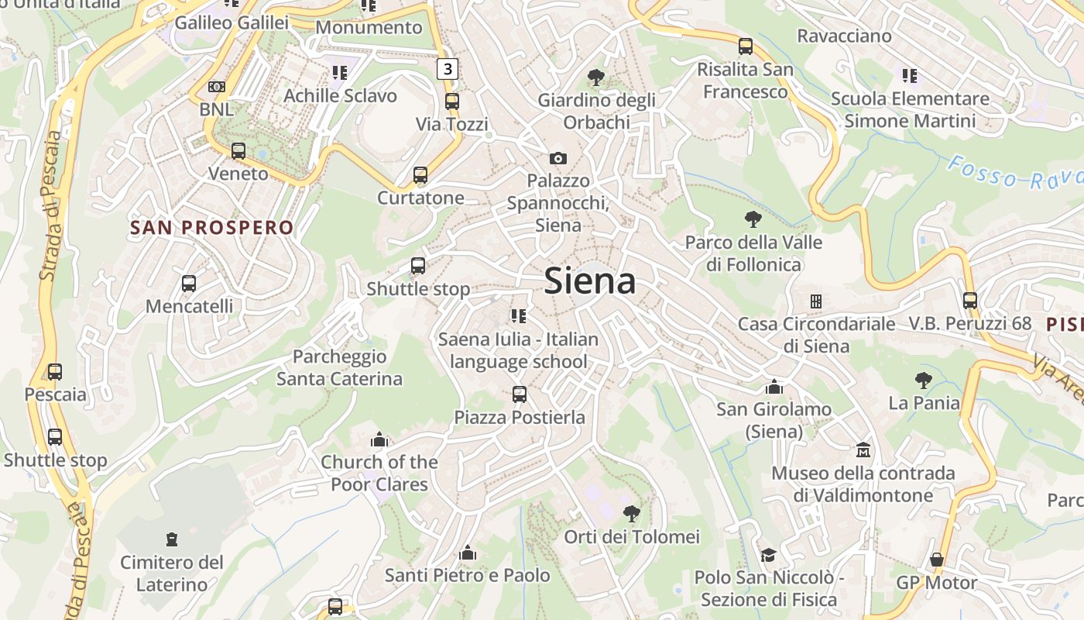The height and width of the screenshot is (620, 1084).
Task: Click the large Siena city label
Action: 590,281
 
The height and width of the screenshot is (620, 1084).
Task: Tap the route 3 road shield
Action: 447,69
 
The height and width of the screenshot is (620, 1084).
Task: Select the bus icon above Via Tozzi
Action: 452,102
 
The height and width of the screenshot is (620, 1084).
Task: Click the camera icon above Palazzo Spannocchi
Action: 557,158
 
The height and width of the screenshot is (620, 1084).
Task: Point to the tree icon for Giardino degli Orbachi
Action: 595,77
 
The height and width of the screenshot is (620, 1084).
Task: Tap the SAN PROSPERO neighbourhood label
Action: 212,228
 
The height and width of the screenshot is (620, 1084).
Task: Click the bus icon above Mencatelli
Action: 189,284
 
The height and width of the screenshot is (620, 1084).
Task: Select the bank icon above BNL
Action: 217,87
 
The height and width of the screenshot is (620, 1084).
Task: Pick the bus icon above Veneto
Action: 238,151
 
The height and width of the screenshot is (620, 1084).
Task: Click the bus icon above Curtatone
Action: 420,175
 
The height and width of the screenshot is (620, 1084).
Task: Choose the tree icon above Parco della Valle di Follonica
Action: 752,219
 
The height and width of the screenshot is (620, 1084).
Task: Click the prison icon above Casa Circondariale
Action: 815,301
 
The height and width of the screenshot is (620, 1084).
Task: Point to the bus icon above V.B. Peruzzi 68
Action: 970,301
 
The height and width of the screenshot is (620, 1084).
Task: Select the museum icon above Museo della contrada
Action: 863,450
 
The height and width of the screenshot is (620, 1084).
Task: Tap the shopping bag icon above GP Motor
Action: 937,560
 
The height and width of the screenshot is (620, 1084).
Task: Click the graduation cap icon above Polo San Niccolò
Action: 768,555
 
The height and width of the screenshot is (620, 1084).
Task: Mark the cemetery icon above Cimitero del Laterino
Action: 172,539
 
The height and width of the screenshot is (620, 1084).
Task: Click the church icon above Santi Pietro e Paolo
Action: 468,553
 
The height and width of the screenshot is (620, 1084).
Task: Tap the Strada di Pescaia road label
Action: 51,205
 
